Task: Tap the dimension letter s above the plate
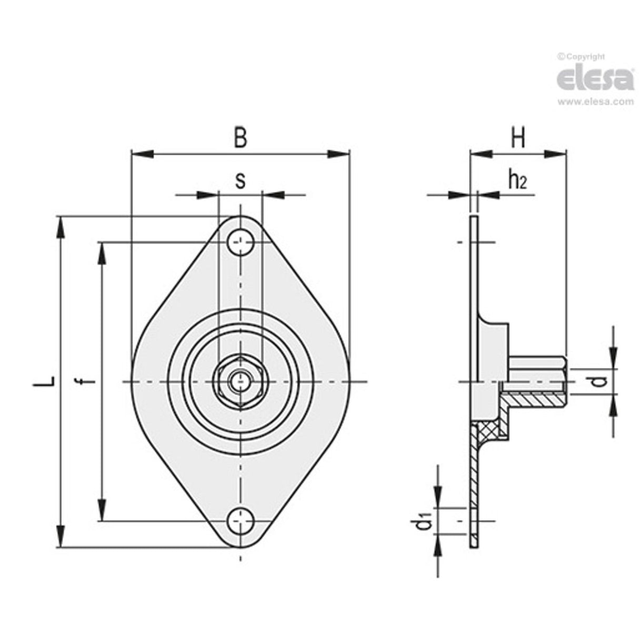(240, 181)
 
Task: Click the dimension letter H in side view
(518, 138)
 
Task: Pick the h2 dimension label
(517, 181)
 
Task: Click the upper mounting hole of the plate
(241, 242)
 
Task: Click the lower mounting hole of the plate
(241, 521)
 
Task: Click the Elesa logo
(595, 78)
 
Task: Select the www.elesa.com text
(595, 102)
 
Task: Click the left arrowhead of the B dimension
(141, 154)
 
